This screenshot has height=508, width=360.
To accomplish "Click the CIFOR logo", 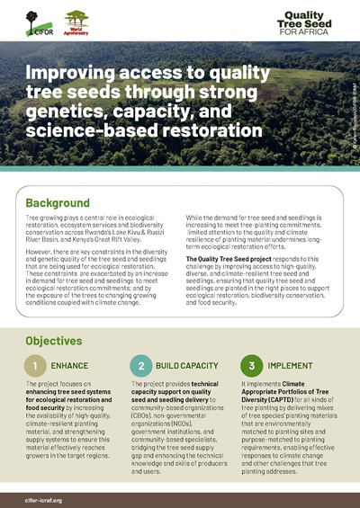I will [35, 19].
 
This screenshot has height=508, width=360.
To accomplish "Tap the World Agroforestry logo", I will [76, 19].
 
